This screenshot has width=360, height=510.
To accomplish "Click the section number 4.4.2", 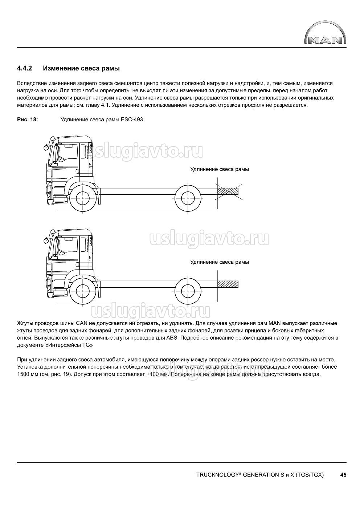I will click(x=25, y=68).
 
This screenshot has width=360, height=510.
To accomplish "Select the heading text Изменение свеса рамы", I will click(x=81, y=68).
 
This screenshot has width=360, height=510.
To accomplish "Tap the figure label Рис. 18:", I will click(x=28, y=120).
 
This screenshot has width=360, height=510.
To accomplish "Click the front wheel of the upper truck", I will click(x=83, y=198).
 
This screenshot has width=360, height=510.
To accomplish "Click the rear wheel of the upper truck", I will click(x=188, y=198).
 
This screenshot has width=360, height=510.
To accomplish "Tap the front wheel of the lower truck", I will click(x=83, y=291).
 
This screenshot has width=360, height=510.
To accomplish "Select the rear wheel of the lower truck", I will click(x=188, y=291).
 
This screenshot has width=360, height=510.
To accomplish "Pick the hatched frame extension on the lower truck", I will click(x=228, y=284).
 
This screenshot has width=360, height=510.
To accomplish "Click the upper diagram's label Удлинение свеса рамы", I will click(x=220, y=169).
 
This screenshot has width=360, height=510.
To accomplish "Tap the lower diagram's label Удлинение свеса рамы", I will click(x=220, y=262).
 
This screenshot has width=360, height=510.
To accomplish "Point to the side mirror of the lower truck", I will click(x=46, y=239).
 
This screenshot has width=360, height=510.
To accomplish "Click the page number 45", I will click(x=343, y=474).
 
